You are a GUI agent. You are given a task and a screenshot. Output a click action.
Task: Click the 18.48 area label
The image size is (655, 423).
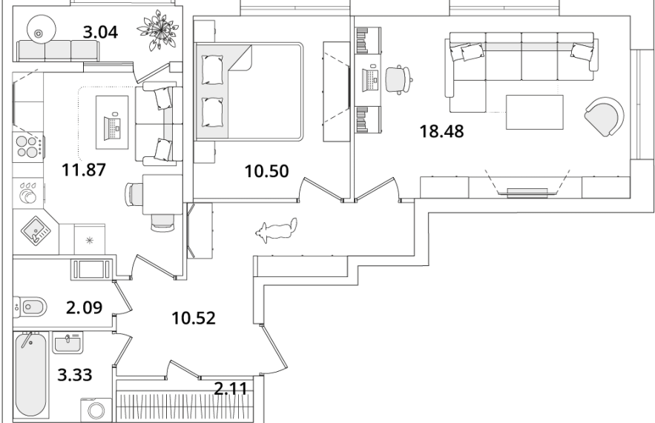point(441,131)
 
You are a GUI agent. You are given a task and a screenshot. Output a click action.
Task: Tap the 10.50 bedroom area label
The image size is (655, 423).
point(266,171)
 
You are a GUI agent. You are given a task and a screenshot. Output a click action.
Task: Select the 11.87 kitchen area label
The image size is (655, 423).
point(84,170)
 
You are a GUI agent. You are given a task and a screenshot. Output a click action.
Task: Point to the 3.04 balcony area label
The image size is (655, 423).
point(100,32)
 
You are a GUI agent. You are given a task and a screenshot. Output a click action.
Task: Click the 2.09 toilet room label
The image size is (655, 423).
point(84,307)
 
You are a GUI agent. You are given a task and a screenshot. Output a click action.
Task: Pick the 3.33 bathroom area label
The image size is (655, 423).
point(75,375)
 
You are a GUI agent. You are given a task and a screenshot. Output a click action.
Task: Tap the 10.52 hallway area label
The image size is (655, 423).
point(194,319)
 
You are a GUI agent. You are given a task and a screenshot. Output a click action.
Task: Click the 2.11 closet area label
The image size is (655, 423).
point(230,389)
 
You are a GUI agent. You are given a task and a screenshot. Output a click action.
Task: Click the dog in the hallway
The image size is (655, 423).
point(277,230)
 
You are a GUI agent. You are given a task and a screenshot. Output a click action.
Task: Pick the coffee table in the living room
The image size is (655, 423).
point(535,112)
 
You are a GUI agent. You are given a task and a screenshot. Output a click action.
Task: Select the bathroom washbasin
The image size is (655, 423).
point(67,343)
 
